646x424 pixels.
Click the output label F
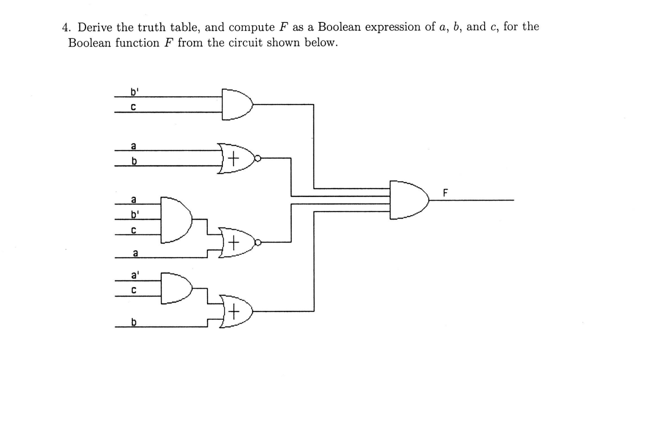pyautogui.click(x=445, y=192)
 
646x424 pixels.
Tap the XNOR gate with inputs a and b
pyautogui.click(x=235, y=158)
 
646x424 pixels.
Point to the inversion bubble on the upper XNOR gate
pyautogui.click(x=258, y=158)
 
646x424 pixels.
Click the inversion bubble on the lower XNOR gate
pyautogui.click(x=258, y=242)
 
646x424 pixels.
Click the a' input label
pyautogui.click(x=135, y=276)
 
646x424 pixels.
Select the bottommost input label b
pyautogui.click(x=134, y=322)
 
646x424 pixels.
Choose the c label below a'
pyautogui.click(x=134, y=290)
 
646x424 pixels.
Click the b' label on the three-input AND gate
pyautogui.click(x=134, y=215)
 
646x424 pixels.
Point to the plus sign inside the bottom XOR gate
pyautogui.click(x=234, y=312)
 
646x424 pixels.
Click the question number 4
pyautogui.click(x=66, y=28)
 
